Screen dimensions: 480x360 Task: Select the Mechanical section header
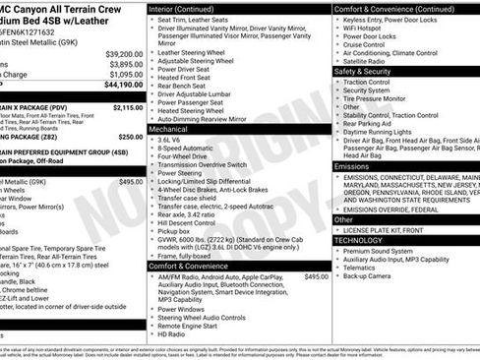click(168, 129)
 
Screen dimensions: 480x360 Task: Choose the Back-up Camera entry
click(373, 277)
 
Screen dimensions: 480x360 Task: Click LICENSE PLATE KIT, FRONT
click(388, 230)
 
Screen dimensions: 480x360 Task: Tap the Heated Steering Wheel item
click(199, 110)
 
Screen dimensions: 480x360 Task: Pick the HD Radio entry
click(174, 334)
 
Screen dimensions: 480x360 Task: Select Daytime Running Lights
click(387, 133)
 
